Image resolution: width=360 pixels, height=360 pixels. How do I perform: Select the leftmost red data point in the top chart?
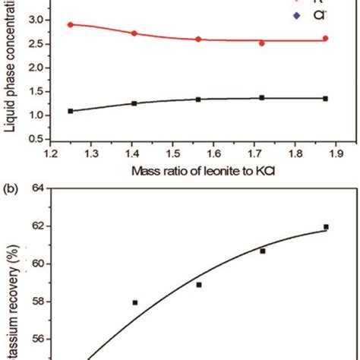70,24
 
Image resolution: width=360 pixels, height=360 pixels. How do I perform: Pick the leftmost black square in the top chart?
71,111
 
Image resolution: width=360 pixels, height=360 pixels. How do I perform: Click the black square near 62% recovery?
326,226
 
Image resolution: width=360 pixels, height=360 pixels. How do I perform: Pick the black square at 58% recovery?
135,302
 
